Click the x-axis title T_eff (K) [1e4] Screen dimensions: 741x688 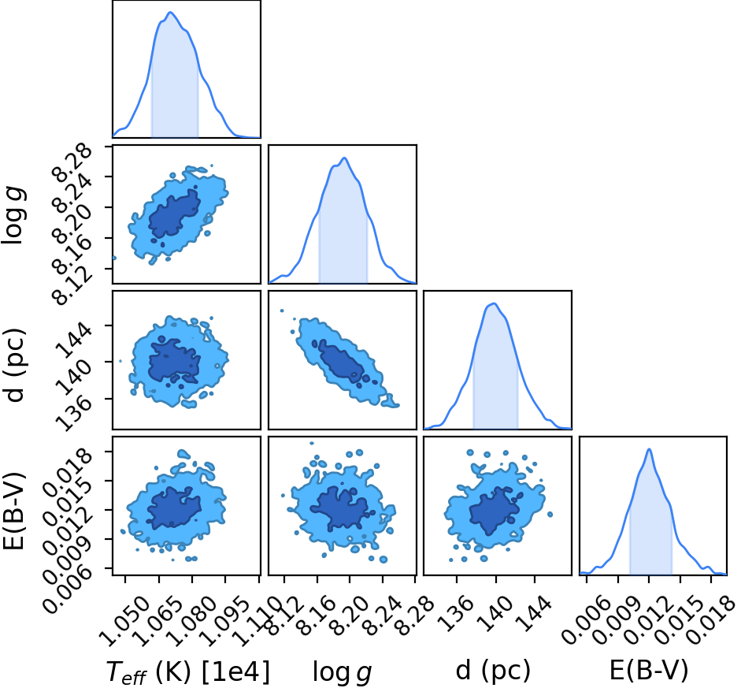coord(188,671)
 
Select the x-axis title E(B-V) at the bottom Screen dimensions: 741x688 coord(649,670)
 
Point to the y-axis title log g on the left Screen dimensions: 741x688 coord(14,216)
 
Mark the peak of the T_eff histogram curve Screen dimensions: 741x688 coord(171,13)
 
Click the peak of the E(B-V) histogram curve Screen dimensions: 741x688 coord(650,448)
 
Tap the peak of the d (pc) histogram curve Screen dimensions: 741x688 coord(494,303)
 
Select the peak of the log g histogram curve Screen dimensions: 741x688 coord(344,158)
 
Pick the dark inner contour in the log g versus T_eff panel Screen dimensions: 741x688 coord(174,213)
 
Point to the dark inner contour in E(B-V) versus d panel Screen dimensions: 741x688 coord(494,511)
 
